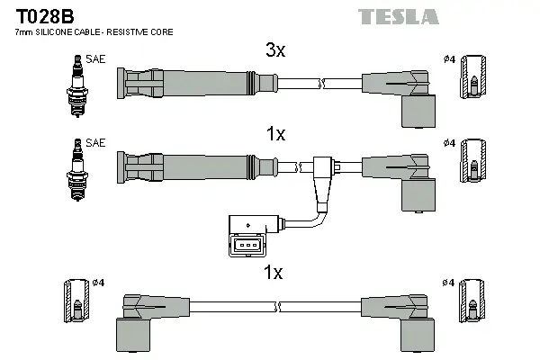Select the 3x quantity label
pyautogui.click(x=275, y=51)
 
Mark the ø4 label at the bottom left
pyautogui.click(x=99, y=283)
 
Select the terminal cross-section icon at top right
pyautogui.click(x=473, y=79)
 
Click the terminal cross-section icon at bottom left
pyautogui.click(x=77, y=302)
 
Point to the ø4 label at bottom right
pyautogui.click(x=447, y=283)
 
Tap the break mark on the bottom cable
pyautogui.click(x=279, y=307)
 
